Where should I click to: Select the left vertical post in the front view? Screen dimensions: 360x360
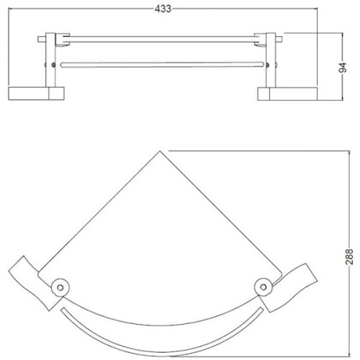(x=50, y=61)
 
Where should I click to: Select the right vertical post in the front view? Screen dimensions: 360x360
(x=271, y=61)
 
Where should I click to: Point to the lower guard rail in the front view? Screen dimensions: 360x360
(x=161, y=64)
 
